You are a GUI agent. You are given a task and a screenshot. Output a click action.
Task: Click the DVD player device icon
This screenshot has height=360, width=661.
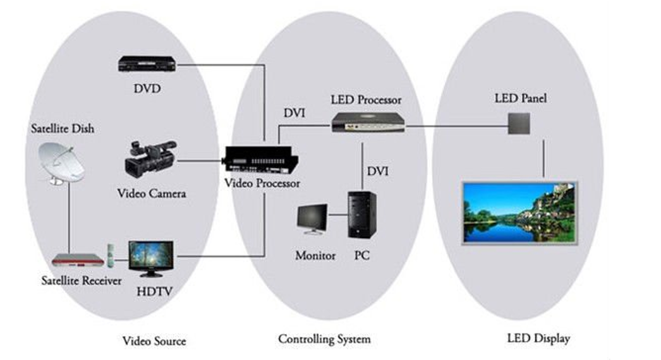coord(147,64)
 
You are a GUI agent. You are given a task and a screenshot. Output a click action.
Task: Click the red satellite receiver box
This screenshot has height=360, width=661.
coord(77,259)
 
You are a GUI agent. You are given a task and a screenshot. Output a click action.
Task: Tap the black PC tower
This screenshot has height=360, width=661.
coord(361,215)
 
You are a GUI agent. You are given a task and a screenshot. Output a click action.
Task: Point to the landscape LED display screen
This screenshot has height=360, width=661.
coord(519,213)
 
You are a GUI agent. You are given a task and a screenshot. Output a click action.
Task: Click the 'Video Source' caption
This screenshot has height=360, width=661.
coord(154,341)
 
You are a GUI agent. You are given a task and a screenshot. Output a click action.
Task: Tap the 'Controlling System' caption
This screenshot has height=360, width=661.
coord(324,340)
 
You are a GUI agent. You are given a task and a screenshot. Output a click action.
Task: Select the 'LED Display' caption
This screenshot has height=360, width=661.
coord(538,339)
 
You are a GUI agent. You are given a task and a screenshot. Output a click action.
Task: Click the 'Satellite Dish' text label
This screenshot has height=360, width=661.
coord(63,129)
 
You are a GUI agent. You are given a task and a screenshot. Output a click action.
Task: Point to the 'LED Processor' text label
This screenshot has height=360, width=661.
coord(366,100)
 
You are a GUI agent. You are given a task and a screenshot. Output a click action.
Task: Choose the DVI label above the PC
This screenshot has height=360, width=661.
coord(378,171)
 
